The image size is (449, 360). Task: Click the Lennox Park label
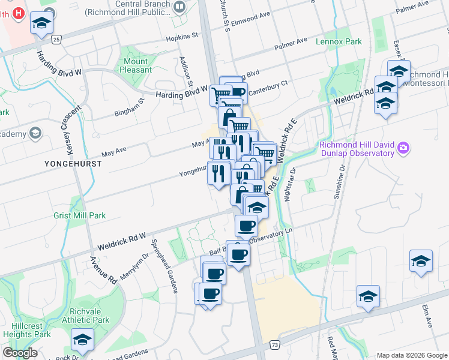tap(340, 42)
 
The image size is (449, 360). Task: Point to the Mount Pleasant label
tap(136, 65)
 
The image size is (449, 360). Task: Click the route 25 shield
tap(56, 39)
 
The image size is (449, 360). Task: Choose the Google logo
tap(20, 353)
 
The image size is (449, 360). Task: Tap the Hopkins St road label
tap(182, 37)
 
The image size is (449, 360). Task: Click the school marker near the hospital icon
tap(41, 23)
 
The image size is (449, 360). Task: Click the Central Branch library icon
tap(180, 7)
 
